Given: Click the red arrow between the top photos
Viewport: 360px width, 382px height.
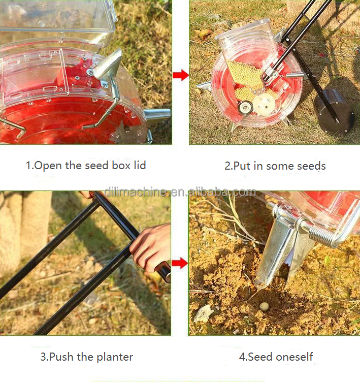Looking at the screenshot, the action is [180, 75].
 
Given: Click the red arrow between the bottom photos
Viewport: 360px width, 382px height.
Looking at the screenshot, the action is [180, 263].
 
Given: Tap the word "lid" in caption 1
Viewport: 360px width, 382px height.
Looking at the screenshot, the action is [140, 165].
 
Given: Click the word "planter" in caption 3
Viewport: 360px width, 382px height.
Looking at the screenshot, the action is [115, 358].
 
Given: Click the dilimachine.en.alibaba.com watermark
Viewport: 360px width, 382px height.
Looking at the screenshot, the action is [180, 192].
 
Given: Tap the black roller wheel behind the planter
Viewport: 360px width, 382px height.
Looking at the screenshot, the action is [334, 111].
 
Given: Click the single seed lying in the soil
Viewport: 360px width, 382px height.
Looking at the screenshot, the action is [264, 306].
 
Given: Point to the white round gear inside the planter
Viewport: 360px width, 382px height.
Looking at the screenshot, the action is [264, 105].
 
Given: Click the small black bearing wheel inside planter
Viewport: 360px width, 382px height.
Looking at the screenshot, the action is [245, 108].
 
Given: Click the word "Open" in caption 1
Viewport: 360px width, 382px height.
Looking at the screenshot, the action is [48, 166].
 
